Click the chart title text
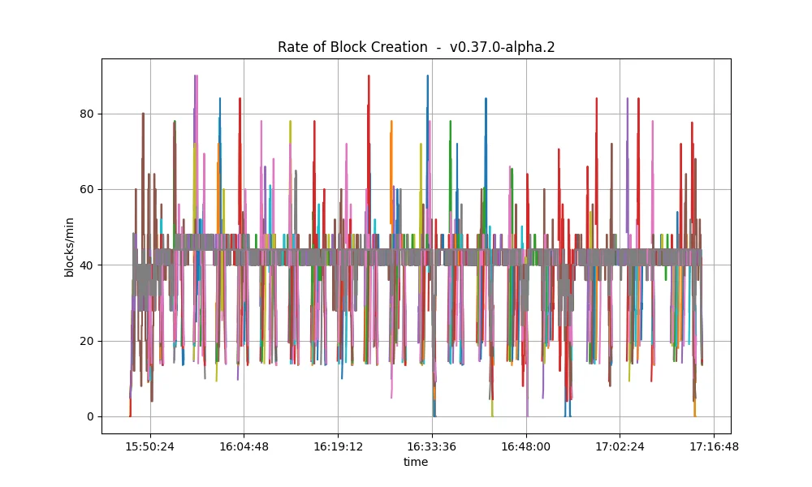pos(416,47)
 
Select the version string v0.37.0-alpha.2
pos(502,48)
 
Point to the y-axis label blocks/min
pos(69,248)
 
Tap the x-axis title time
pos(416,462)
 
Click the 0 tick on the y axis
pos(91,416)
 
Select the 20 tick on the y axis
pos(88,341)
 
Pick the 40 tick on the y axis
pos(88,265)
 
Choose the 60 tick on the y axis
pos(88,189)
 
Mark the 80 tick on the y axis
pos(88,114)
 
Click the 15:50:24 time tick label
pos(150,446)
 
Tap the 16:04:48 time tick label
pos(244,446)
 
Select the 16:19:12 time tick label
pos(338,446)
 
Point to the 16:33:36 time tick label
pos(432,446)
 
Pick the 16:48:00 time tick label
pos(526,446)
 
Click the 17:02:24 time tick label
pos(620,446)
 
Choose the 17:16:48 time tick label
pos(714,446)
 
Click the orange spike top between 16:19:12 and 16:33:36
pos(391,121)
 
